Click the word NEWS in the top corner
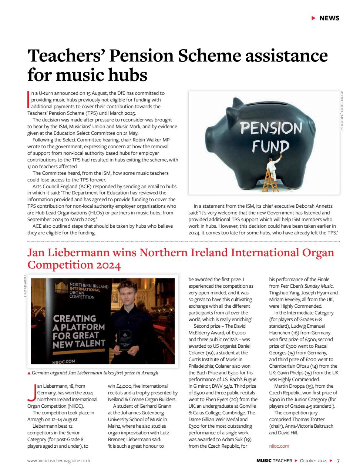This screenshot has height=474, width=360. point(329,18)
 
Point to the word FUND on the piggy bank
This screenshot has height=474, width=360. point(270,147)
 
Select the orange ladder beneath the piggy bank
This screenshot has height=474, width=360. point(272,181)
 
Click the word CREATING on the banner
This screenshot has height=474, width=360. point(74,318)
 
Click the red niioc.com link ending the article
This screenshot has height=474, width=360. point(279,446)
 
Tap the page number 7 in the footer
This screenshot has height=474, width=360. point(338,461)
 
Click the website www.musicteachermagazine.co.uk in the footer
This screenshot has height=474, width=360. point(59,461)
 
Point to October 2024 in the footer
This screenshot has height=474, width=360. point(313,461)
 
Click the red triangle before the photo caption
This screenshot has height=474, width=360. point(29,373)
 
